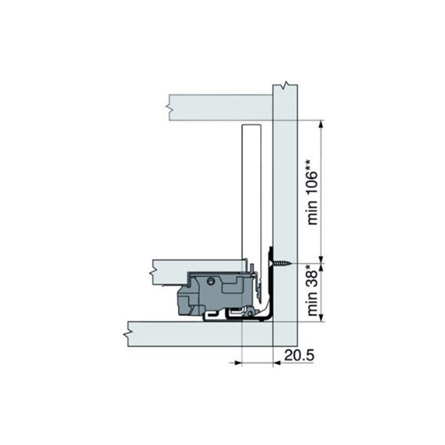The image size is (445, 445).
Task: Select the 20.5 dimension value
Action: (299, 355)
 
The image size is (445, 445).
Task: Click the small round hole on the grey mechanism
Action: (211, 281)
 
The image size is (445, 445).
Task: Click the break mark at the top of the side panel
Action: (285, 85)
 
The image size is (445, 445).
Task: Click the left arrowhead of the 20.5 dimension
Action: (238, 363)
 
